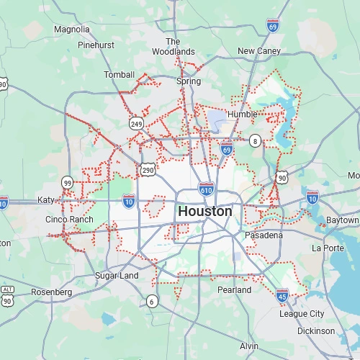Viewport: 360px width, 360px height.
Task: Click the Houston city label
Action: [205, 212]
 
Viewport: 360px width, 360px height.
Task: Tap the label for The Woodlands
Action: [173, 47]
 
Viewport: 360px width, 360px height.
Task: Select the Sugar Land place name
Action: [117, 276]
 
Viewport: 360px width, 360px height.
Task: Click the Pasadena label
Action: [263, 235]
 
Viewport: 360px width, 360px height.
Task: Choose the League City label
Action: [302, 314]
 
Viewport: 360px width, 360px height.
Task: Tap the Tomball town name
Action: [119, 75]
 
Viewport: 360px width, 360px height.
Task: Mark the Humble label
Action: [242, 114]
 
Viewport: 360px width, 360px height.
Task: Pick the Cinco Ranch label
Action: [69, 219]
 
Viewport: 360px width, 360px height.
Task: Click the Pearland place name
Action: [235, 289]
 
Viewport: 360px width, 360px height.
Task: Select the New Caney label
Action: [259, 51]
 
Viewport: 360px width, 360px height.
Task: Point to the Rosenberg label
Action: [51, 292]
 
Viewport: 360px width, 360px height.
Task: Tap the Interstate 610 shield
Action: [206, 189]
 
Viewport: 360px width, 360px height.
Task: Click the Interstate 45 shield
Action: [283, 294]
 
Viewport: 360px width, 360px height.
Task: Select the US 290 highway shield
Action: [148, 170]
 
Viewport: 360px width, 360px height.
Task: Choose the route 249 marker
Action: [136, 124]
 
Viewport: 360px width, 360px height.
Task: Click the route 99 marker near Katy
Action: [67, 182]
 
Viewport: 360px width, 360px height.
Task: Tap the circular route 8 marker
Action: [255, 141]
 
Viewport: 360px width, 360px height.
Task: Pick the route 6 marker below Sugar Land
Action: [152, 302]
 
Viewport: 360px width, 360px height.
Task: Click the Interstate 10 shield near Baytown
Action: [312, 197]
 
